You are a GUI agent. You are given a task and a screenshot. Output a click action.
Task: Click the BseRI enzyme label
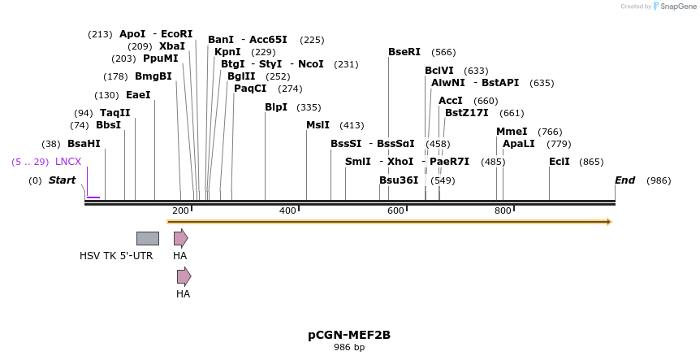pos(404,52)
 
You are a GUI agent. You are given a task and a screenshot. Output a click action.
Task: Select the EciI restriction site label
pos(560,162)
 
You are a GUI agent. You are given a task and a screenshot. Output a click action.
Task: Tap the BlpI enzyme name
pos(276,107)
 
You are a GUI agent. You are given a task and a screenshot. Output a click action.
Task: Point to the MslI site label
pos(318,125)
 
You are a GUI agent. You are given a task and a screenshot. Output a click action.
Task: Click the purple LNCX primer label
pos(68,162)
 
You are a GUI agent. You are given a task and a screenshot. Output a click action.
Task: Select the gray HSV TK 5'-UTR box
pos(148,238)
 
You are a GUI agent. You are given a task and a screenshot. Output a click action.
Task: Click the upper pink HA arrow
pos(180,238)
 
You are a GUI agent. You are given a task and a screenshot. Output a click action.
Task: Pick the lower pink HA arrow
pos(184,276)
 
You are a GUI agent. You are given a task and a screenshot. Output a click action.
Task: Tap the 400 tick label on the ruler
pos(287,211)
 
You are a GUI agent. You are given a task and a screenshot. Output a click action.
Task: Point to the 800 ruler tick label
pos(503,211)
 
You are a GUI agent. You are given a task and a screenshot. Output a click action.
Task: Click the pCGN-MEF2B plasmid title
pos(349,335)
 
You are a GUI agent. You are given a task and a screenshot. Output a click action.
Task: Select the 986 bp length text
pos(349,348)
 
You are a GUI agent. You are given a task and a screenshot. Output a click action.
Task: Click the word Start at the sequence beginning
pos(62,180)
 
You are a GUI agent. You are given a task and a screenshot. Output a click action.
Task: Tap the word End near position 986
pos(624,180)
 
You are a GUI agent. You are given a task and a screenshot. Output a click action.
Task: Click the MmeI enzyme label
pos(512,132)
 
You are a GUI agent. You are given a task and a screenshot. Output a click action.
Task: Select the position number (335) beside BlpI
pos(309,107)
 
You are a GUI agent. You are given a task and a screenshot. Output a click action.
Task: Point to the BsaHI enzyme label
pos(84,144)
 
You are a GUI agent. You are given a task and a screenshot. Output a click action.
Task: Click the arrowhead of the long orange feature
pos(608,221)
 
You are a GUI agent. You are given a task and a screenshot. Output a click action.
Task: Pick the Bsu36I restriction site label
pos(399,180)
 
